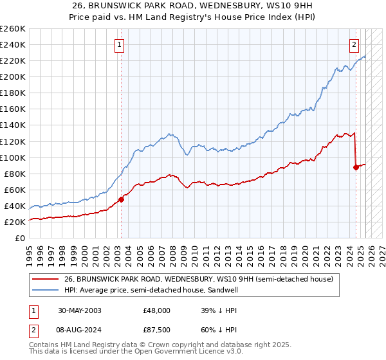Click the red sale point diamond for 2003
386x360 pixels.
pyautogui.click(x=121, y=199)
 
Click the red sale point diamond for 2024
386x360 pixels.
pyautogui.click(x=356, y=167)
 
